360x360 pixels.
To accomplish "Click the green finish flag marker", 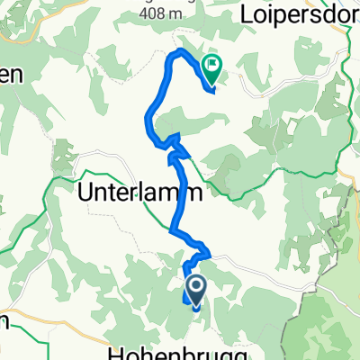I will pos(212,64).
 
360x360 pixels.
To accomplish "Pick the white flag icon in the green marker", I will pos(212,62).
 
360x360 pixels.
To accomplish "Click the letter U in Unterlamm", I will pos(87,192).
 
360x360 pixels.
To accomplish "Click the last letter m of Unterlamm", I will pos(191,192).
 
